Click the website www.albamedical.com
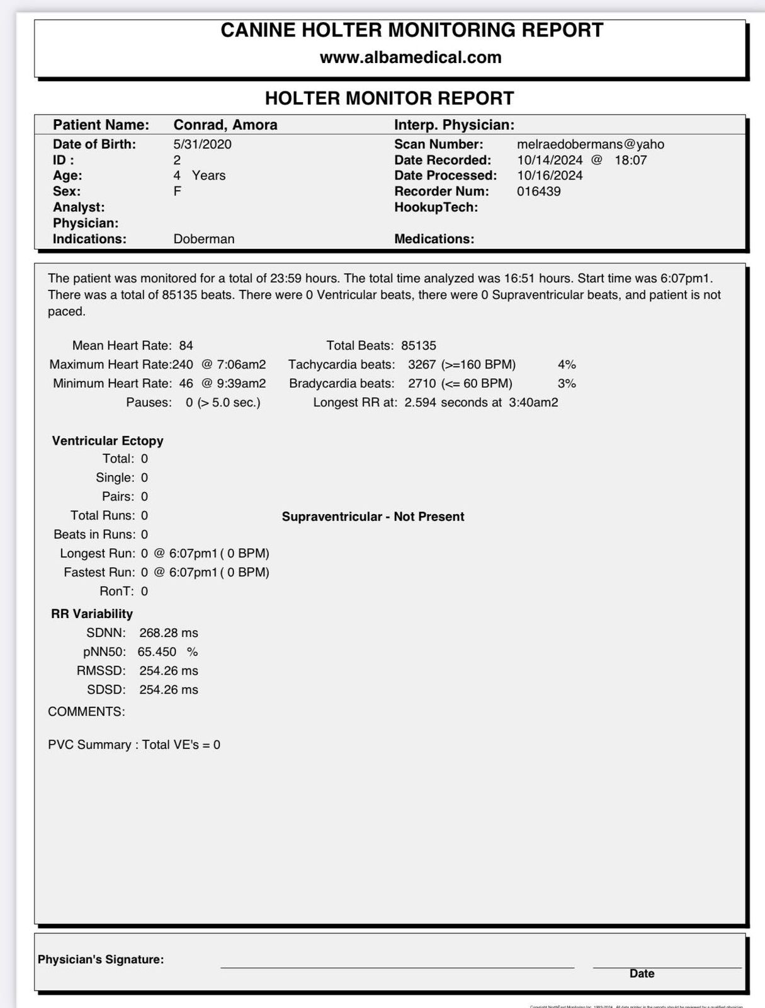pos(411,57)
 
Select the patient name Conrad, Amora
pos(225,125)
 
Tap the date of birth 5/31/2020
pos(202,144)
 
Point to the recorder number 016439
pos(538,192)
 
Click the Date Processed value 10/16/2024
pos(550,176)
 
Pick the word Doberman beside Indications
pos(204,239)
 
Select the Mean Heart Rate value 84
pos(186,346)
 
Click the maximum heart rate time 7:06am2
pos(241,365)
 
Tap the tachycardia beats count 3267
pos(421,365)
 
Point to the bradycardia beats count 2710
pos(421,384)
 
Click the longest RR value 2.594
pos(420,403)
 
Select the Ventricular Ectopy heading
pos(108,441)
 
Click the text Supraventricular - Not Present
pos(373,517)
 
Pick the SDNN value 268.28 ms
pos(169,633)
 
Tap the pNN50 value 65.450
pos(157,652)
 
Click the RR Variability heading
pos(92,614)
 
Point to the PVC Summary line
pos(134,745)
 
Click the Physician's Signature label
pos(101,959)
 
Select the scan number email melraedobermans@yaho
pos(591,144)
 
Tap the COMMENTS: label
pos(86,712)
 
